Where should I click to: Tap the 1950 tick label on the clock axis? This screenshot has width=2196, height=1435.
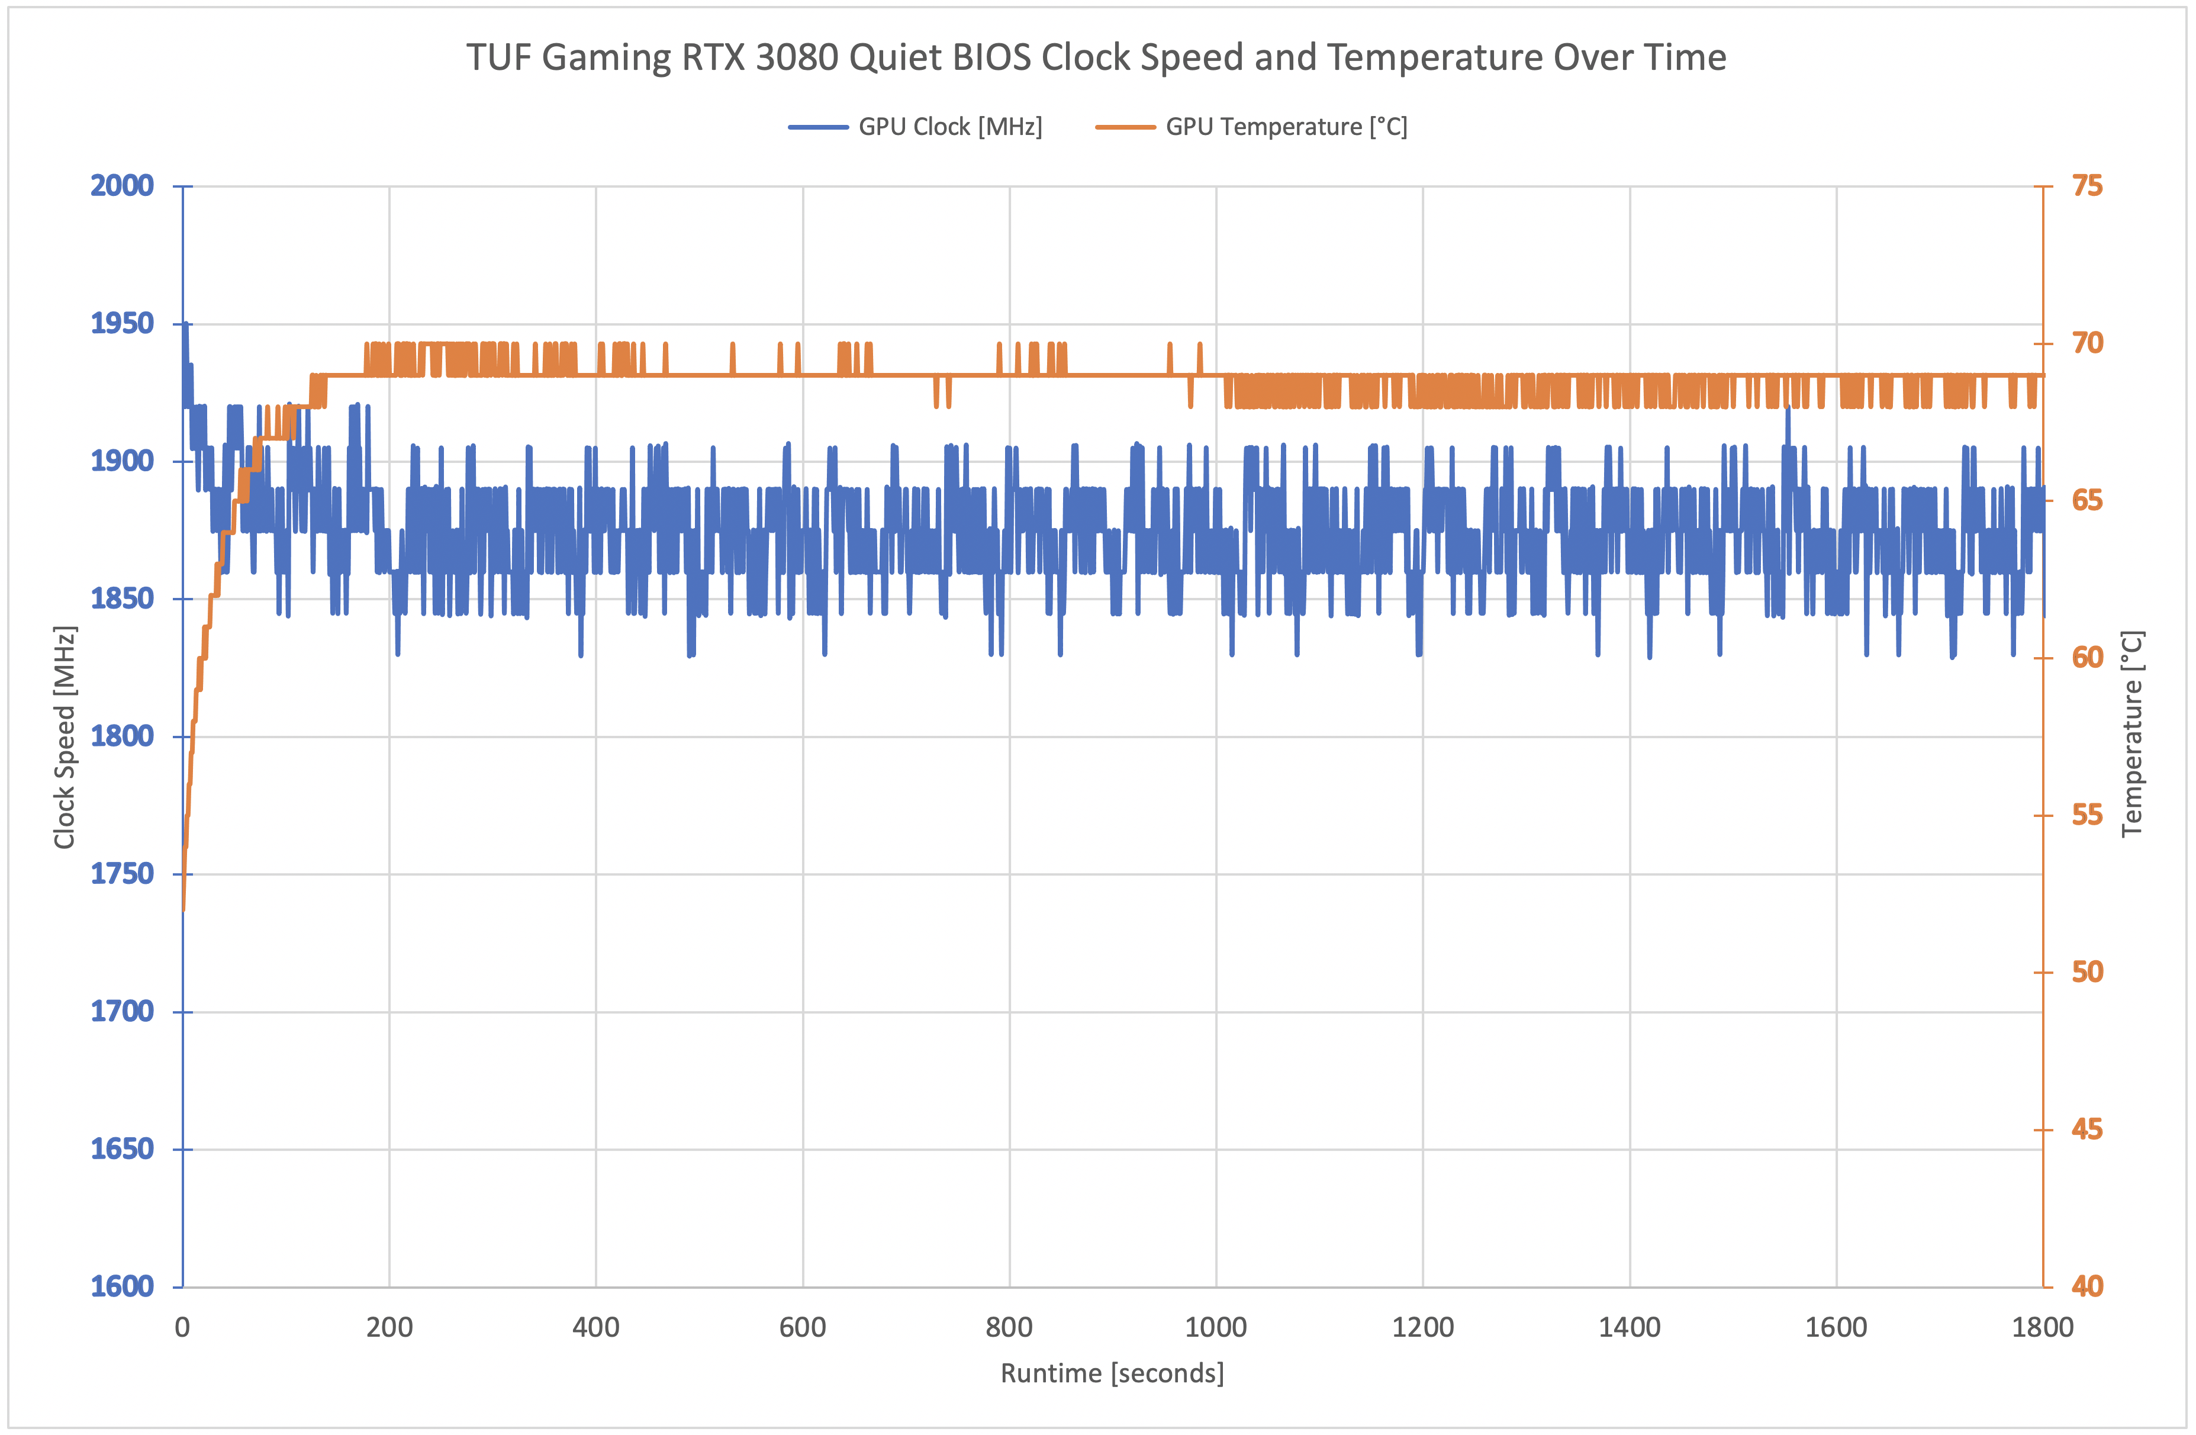coord(122,324)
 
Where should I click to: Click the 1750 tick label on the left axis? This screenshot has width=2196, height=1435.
coord(122,874)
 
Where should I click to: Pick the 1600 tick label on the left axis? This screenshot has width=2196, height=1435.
coord(122,1286)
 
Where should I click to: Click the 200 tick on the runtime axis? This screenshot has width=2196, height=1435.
coord(389,1328)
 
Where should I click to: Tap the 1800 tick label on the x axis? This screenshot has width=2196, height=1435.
coord(2042,1328)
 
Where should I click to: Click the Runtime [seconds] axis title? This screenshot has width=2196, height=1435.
coord(1112,1373)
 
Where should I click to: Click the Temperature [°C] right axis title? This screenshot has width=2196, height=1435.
coord(2131,733)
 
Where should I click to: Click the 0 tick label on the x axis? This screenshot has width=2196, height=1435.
coord(183,1328)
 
